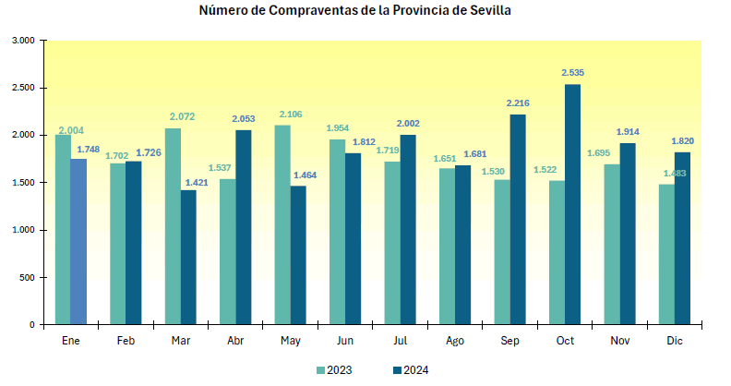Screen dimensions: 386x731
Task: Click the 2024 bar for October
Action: point(572,204)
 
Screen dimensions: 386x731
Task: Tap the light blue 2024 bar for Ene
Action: point(78,241)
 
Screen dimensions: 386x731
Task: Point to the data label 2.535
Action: point(573,72)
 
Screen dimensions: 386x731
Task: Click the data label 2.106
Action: point(291,114)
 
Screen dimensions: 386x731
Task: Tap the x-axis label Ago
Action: point(455,342)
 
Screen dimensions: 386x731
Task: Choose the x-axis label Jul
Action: point(400,342)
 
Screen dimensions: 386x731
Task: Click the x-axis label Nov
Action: point(620,342)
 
